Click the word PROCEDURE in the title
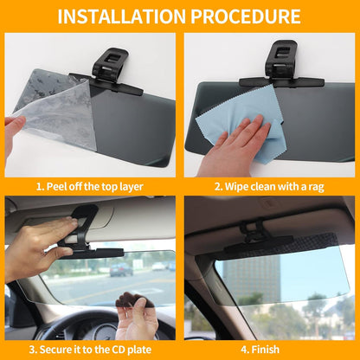251,16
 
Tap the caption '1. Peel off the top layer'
89,186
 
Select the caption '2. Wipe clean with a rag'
269,186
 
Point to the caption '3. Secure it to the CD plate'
89,350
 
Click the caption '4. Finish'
269,350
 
